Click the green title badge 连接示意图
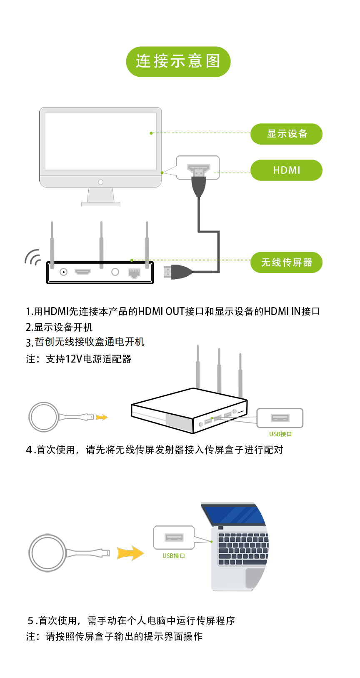point(178,61)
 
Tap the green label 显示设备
point(286,134)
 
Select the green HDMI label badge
point(286,170)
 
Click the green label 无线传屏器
point(286,262)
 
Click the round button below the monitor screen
point(101,182)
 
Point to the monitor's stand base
point(100,204)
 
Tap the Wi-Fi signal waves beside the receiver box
point(32,257)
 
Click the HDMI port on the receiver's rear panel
point(82,272)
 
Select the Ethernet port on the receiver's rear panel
point(134,273)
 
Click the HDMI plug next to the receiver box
point(177,272)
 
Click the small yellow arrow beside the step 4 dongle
point(102,418)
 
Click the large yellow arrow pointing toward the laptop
point(130,553)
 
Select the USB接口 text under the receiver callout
point(280,434)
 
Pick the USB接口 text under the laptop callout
point(174,556)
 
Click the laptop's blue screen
point(233,515)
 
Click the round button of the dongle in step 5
point(47,553)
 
